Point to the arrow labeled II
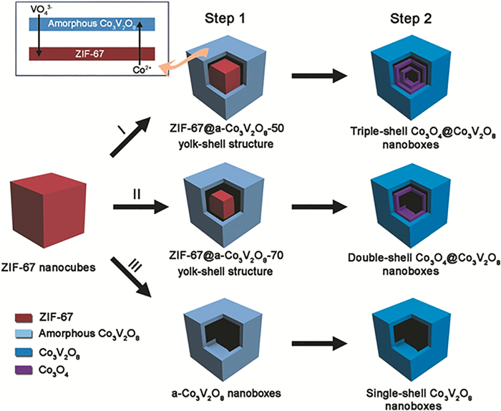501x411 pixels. coord(140,208)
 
